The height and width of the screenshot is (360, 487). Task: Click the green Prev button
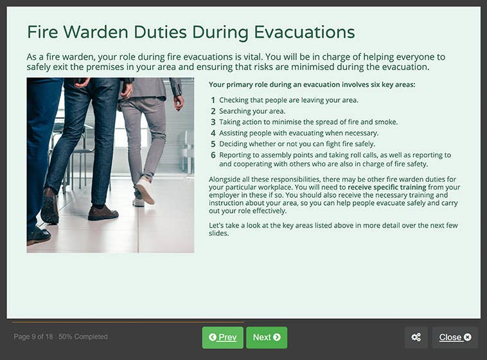pos(222,337)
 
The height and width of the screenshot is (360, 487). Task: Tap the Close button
pos(455,337)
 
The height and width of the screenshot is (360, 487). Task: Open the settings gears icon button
pos(416,337)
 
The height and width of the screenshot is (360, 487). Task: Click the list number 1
pos(213,100)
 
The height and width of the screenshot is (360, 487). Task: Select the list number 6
pos(213,155)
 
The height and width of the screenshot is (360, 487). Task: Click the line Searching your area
pos(252,111)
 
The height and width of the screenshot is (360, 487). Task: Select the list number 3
pos(213,122)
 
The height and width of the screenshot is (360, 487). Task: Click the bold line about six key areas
pos(312,84)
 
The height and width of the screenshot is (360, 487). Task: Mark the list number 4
pos(213,133)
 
